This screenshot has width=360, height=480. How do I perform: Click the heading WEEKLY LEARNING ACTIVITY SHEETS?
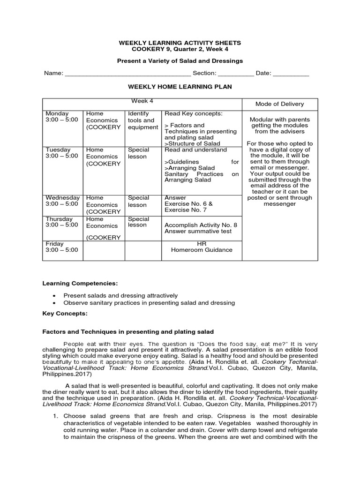[x=180, y=43]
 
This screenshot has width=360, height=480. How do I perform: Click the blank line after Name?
[x=127, y=74]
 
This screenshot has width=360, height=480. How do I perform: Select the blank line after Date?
[x=291, y=74]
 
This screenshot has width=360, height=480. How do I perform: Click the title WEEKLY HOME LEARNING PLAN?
[x=180, y=87]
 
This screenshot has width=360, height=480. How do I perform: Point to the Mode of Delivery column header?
[x=279, y=104]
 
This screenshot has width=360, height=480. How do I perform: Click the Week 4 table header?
[x=142, y=101]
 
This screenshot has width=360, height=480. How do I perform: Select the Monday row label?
[x=57, y=113]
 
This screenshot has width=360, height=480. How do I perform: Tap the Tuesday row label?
[x=58, y=150]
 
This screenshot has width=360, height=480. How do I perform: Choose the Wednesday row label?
[x=62, y=198]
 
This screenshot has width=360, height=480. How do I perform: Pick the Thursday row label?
[x=59, y=219]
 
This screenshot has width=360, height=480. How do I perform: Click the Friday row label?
[x=54, y=244]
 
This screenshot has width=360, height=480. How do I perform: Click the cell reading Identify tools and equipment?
[x=142, y=120]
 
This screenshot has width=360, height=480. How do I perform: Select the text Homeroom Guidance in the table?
[x=202, y=250]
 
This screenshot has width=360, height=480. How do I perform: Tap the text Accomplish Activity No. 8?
[x=201, y=225]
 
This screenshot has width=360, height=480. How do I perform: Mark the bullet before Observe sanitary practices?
[x=55, y=303]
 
